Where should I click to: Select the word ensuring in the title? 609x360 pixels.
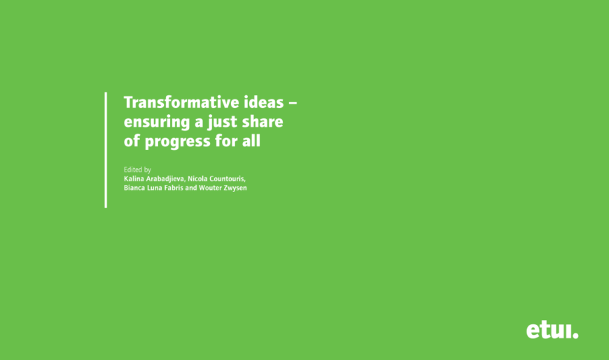157,122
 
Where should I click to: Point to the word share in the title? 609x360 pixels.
262,122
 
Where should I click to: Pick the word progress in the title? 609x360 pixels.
178,141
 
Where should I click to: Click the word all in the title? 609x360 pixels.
251,140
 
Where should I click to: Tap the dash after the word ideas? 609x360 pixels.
293,104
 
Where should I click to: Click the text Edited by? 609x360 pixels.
137,170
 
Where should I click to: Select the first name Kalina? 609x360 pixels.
134,179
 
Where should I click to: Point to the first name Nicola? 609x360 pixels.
197,179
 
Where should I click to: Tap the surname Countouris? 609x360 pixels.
227,179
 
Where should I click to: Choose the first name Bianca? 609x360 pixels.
134,188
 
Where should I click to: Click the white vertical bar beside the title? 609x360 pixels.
106,150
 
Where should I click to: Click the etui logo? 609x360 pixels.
552,331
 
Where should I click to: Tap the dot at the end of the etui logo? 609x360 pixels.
575,335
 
